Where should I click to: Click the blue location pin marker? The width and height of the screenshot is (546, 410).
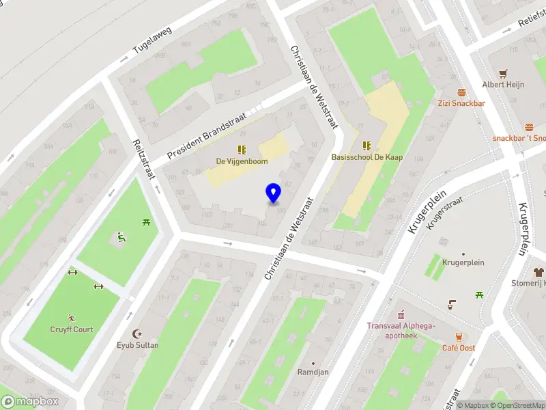pyautogui.click(x=274, y=193)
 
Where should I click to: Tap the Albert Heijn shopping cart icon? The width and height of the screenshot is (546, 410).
pyautogui.click(x=503, y=73)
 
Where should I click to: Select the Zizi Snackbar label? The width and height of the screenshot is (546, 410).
pyautogui.click(x=461, y=103)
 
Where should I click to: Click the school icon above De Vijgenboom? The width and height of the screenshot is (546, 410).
pyautogui.click(x=242, y=149)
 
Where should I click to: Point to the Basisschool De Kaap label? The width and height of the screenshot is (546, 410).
pyautogui.click(x=367, y=157)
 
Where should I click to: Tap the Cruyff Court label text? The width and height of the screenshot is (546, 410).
pyautogui.click(x=71, y=329)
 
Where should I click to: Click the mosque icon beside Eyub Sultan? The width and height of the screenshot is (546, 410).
pyautogui.click(x=139, y=333)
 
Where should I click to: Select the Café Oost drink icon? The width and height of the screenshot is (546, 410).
pyautogui.click(x=459, y=337)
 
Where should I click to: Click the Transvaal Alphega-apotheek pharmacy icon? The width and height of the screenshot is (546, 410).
pyautogui.click(x=401, y=315)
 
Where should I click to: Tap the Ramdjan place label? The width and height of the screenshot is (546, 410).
pyautogui.click(x=313, y=372)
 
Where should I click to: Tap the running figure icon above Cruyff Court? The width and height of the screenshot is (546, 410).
pyautogui.click(x=71, y=318)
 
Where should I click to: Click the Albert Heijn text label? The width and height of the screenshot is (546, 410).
pyautogui.click(x=503, y=85)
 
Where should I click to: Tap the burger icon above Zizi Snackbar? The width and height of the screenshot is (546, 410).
pyautogui.click(x=461, y=92)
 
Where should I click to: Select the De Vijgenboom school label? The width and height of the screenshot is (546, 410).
pyautogui.click(x=242, y=161)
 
